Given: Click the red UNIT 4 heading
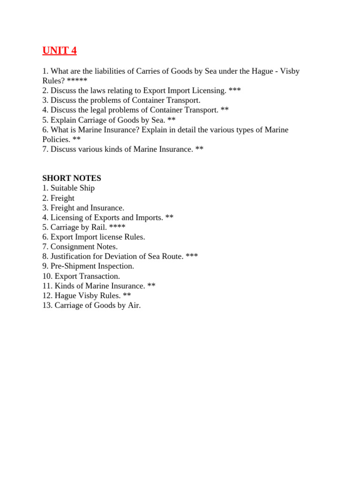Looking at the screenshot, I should (60, 51).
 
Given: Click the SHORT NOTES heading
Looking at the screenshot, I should (72, 178).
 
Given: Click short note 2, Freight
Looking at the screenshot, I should (62, 198).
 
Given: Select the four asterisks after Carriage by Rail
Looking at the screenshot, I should (117, 227).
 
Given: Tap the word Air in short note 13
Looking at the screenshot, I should (134, 305).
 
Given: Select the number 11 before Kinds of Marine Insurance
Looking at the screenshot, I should (46, 286).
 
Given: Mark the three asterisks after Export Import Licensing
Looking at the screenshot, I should (235, 90).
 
